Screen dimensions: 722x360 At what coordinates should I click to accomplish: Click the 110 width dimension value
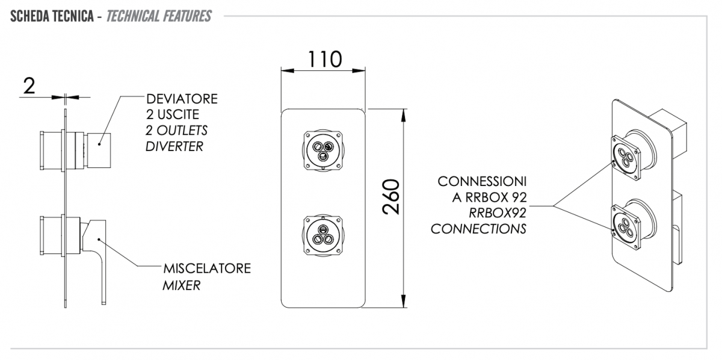click(x=324, y=60)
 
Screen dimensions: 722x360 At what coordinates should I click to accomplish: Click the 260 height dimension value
click(x=391, y=197)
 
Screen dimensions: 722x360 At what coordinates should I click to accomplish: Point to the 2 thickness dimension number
click(x=29, y=86)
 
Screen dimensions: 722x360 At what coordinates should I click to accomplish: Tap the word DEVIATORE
click(x=182, y=99)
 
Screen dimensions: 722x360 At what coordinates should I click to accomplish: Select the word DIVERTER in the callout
click(x=174, y=146)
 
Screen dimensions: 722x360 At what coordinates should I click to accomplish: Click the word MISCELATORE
click(x=207, y=268)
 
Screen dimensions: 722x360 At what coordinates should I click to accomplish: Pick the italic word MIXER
click(x=182, y=285)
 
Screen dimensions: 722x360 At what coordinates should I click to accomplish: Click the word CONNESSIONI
click(x=482, y=182)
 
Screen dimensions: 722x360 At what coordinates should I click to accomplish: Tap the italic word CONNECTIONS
click(x=478, y=229)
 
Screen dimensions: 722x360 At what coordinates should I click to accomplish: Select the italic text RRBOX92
click(x=498, y=213)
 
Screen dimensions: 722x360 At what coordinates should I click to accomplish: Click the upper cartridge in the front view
click(x=323, y=151)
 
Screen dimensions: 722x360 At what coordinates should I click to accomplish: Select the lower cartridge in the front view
click(x=323, y=236)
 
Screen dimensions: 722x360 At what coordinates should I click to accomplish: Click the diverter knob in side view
click(x=99, y=151)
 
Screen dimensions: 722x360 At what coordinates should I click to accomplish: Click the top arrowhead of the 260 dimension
click(x=403, y=115)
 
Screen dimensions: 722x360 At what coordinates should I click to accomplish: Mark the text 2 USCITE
click(x=173, y=115)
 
